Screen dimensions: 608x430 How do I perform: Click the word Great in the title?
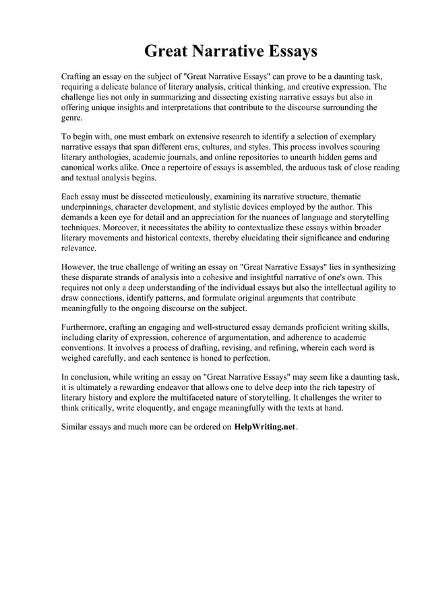point(167,52)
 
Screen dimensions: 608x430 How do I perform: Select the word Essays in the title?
point(291,52)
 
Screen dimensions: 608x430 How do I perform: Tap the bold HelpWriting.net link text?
point(265,427)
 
